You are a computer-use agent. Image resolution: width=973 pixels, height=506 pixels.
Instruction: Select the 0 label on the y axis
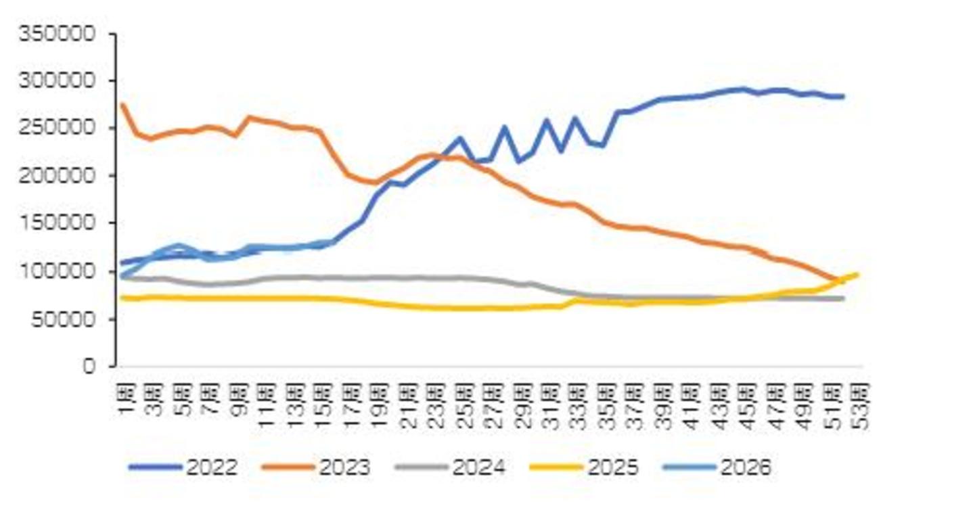click(x=90, y=366)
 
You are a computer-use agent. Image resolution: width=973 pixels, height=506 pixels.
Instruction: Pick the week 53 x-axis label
click(x=860, y=406)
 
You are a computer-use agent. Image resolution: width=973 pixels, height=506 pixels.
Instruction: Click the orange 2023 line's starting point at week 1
click(x=122, y=105)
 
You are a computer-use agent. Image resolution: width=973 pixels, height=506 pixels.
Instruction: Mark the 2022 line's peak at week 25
click(x=460, y=139)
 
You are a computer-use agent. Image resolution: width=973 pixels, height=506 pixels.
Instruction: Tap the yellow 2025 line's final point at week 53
click(x=857, y=274)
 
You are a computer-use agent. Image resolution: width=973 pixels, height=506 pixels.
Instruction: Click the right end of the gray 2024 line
click(x=842, y=298)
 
